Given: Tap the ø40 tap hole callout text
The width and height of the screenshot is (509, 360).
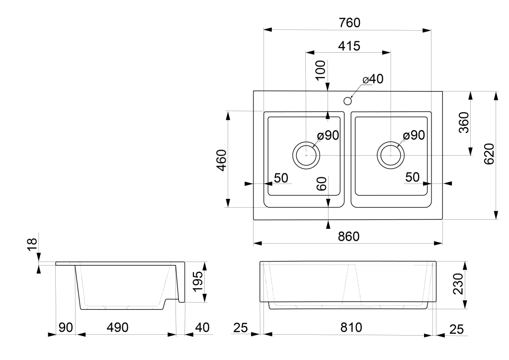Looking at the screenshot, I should (373, 80).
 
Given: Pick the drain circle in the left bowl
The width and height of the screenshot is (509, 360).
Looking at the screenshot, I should (306, 155).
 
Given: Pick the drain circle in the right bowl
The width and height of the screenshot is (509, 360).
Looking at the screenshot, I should (391, 155).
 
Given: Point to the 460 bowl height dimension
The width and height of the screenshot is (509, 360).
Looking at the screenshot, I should (222, 159).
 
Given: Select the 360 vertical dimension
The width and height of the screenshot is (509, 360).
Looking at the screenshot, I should (463, 123).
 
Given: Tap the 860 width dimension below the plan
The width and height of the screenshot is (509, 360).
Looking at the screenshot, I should (348, 237).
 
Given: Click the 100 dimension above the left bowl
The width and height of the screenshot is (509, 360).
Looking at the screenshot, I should (321, 70).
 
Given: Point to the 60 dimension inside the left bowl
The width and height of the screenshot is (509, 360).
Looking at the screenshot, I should (321, 183).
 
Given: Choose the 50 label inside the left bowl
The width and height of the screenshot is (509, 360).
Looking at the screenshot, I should (281, 178).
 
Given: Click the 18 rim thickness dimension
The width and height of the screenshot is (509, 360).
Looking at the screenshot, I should (32, 243).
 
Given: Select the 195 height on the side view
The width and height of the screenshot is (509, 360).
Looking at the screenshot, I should (197, 282).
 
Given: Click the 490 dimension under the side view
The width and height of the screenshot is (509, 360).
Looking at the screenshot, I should (118, 328).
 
